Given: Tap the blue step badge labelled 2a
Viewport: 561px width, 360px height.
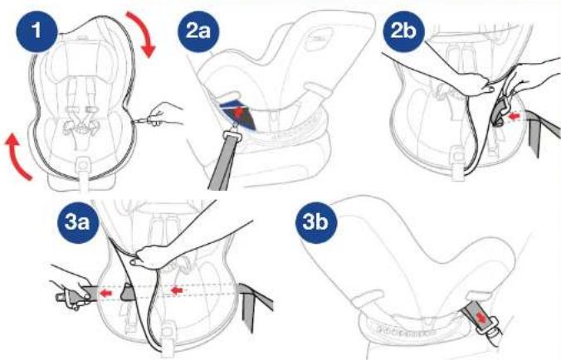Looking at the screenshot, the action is click(x=198, y=32).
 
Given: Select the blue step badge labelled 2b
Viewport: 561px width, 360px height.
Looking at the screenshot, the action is click(x=403, y=32).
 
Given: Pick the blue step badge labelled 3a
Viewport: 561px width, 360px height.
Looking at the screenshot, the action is click(x=77, y=222).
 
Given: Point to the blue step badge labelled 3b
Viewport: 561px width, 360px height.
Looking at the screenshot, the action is click(x=316, y=222).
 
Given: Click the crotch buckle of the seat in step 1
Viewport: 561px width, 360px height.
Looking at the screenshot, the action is click(x=83, y=165).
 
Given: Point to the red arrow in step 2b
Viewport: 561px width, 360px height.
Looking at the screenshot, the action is click(x=514, y=116).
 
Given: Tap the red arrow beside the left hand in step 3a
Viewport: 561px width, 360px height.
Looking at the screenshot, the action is click(x=105, y=294).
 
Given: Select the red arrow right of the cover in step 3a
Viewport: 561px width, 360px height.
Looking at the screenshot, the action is click(x=177, y=290).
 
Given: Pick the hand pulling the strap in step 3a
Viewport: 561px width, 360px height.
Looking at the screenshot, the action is click(x=71, y=289).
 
